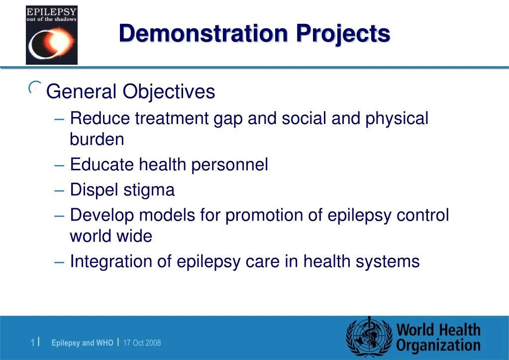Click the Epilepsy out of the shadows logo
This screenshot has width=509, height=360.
click(52, 35)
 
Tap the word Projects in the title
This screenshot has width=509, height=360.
click(343, 34)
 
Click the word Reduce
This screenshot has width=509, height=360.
click(100, 119)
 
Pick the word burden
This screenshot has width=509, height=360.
click(97, 139)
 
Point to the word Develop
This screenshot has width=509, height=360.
click(102, 216)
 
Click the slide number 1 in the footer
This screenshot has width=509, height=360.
click(32, 343)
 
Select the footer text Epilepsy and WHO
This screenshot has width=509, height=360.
click(82, 343)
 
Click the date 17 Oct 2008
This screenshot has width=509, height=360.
click(142, 343)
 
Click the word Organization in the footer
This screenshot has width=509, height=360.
click(438, 346)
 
